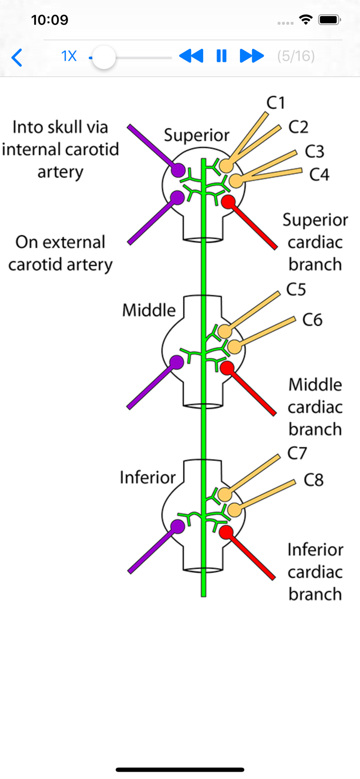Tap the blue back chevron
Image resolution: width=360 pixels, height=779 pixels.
point(17,57)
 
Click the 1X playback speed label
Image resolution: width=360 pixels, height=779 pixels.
point(69,56)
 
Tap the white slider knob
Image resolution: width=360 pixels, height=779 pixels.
point(104,57)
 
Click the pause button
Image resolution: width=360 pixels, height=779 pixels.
point(221,56)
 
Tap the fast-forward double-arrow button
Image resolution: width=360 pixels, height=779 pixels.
point(252,56)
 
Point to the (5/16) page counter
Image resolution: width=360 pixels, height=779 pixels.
point(296,56)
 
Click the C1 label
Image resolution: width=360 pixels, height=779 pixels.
point(276,103)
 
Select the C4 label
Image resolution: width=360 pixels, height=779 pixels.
point(319,174)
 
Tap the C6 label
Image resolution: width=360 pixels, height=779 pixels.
point(312,320)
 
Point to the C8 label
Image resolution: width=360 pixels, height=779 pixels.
point(313,480)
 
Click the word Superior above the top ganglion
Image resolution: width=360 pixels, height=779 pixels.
point(196,136)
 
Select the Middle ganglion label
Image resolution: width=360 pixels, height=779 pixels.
point(149,311)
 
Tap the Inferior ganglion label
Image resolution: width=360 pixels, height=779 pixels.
point(148,477)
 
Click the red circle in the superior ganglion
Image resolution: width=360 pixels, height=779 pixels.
point(227,202)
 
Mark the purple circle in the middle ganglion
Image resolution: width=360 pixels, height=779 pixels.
point(177,362)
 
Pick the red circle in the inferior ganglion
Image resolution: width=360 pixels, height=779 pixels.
point(226,532)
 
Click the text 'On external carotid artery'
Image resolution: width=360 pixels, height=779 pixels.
point(60,253)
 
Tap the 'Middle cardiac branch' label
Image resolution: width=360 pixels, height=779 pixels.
point(315,407)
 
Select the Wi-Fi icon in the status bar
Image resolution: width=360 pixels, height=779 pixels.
point(305,20)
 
